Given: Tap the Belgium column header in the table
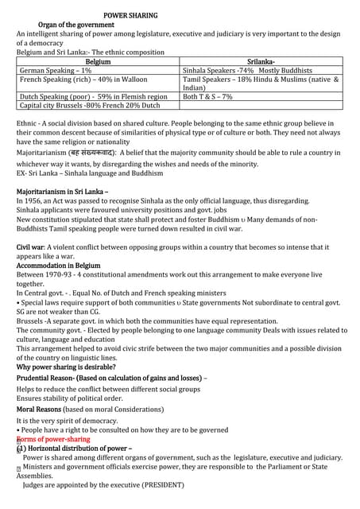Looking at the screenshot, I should coord(98,61).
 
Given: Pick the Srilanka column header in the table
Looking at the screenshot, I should coord(261,61).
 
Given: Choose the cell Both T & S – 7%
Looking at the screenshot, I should coord(207,96).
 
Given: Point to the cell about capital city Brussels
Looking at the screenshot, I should coord(90,105).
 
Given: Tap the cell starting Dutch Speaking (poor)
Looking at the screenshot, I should coord(93,96).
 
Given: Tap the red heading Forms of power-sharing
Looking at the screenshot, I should coord(53,438).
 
